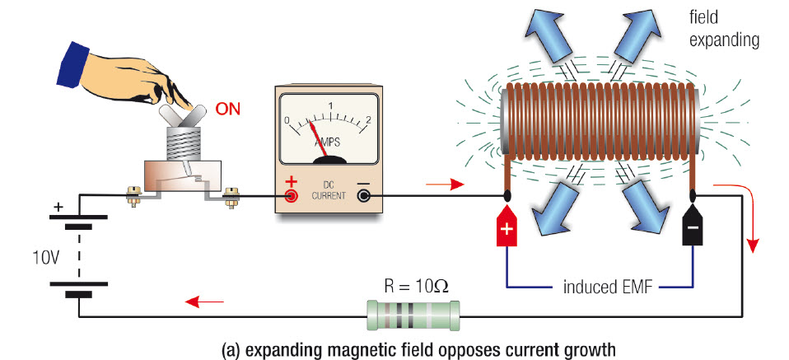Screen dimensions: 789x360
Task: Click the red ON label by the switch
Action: click(x=228, y=109)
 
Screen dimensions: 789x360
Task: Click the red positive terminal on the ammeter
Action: click(x=291, y=195)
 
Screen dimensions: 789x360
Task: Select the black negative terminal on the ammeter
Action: click(x=363, y=195)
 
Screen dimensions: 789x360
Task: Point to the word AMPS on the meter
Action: click(x=328, y=143)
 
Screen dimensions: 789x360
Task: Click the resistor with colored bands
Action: click(x=413, y=316)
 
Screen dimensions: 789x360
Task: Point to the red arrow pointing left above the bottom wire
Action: click(x=204, y=302)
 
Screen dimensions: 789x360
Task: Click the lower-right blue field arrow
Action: click(x=650, y=207)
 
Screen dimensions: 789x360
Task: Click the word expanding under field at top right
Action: click(x=724, y=40)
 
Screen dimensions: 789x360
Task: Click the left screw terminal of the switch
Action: click(x=133, y=196)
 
